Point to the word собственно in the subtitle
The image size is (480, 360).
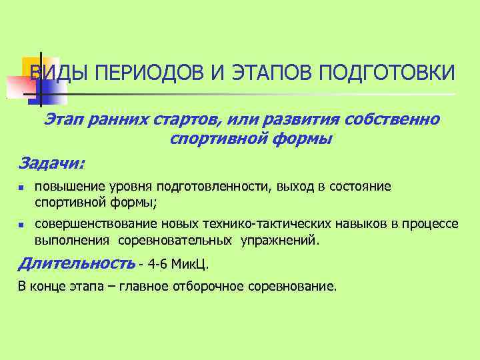(391, 120)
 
